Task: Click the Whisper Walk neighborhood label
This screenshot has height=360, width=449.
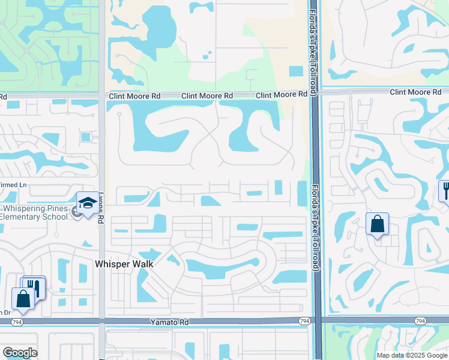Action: (125, 264)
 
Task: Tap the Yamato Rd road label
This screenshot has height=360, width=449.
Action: (169, 322)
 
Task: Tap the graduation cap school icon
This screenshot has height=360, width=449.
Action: (88, 203)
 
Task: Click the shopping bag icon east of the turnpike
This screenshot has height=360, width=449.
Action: (377, 224)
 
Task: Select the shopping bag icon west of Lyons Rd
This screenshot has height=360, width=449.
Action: (23, 298)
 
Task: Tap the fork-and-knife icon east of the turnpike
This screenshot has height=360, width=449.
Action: (445, 191)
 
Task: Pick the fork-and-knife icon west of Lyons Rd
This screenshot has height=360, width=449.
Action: (35, 287)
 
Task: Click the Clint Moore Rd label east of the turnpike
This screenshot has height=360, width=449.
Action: (415, 92)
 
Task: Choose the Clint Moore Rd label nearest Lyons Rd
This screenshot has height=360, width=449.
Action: (135, 95)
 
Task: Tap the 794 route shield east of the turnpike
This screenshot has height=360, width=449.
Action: (420, 322)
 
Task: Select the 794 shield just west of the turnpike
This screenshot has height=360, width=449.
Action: (304, 322)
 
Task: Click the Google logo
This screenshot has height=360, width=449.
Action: (20, 353)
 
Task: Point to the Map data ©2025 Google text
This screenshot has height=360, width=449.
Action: (411, 355)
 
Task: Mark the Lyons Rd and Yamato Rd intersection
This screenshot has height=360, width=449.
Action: (101, 322)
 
